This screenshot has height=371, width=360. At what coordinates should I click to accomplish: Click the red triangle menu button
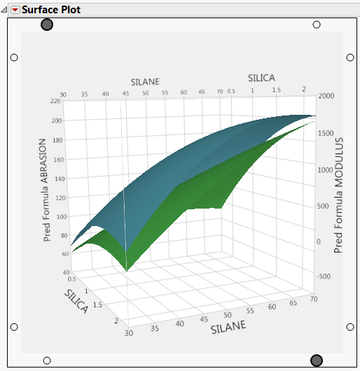pyautogui.click(x=15, y=10)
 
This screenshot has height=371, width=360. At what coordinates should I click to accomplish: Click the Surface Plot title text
pyautogui.click(x=51, y=10)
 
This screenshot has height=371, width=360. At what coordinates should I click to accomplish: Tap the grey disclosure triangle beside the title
pyautogui.click(x=5, y=10)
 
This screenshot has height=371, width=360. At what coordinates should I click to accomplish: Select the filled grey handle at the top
pyautogui.click(x=47, y=24)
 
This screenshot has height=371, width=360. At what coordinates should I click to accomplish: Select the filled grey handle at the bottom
pyautogui.click(x=316, y=360)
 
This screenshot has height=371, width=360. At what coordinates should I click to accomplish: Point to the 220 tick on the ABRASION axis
pyautogui.click(x=55, y=101)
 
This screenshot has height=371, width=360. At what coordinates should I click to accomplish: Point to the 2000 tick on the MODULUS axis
pyautogui.click(x=327, y=96)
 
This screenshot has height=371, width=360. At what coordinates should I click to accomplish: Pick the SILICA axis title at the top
pyautogui.click(x=261, y=77)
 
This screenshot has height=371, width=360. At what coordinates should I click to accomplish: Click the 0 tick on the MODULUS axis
pyautogui.click(x=319, y=241)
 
